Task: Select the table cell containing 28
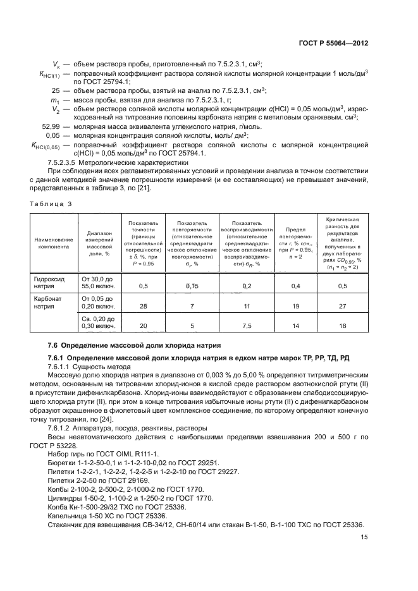coord(143,307)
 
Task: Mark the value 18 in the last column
coord(342,326)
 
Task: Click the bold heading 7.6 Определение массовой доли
coord(135,346)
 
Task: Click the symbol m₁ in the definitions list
coord(54,99)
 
